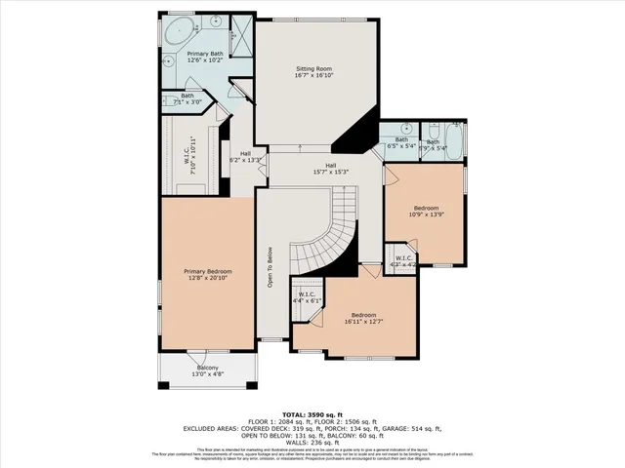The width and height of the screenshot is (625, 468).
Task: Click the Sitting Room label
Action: pos(313,69)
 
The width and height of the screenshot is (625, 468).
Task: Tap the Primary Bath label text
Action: pos(206,53)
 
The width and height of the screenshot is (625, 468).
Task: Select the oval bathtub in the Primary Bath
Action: pos(180,31)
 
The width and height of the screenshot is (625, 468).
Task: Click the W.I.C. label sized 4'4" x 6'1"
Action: pos(307,297)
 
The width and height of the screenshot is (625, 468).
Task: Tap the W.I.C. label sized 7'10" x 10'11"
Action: pos(193,152)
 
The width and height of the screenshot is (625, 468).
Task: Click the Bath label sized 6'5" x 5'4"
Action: pos(400,142)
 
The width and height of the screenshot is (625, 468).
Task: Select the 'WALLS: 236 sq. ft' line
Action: pos(312,440)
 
